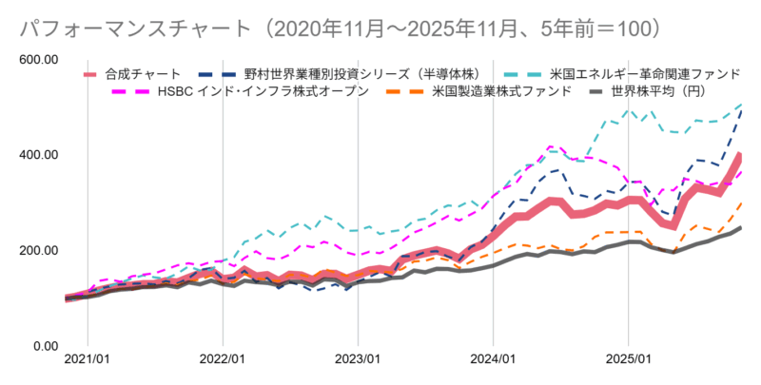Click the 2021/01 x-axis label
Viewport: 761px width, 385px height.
pyautogui.click(x=87, y=361)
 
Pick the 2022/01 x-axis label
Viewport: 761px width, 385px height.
pyautogui.click(x=223, y=361)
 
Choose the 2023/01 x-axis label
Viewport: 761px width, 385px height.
pyautogui.click(x=358, y=361)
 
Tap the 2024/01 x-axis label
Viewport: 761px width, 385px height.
pyautogui.click(x=493, y=361)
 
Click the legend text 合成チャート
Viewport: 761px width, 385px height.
pyautogui.click(x=144, y=73)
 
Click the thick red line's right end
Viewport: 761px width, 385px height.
pyautogui.click(x=740, y=155)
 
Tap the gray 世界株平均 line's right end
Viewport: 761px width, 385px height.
pyautogui.click(x=740, y=228)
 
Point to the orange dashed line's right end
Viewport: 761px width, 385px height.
pyautogui.click(x=740, y=203)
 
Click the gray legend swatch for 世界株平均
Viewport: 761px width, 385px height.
pyautogui.click(x=595, y=91)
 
